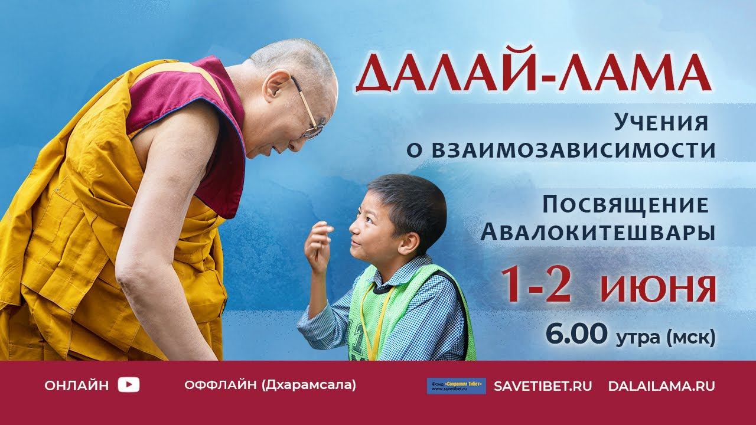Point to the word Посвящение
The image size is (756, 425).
(625, 205)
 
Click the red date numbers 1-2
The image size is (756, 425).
(537, 285)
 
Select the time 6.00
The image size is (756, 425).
(576, 334)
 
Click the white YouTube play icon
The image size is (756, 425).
(129, 385)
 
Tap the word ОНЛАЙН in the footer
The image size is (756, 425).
(77, 386)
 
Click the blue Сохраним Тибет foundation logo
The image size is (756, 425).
(456, 386)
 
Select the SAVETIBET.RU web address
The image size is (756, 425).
(543, 386)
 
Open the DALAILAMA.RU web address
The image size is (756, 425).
(661, 386)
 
